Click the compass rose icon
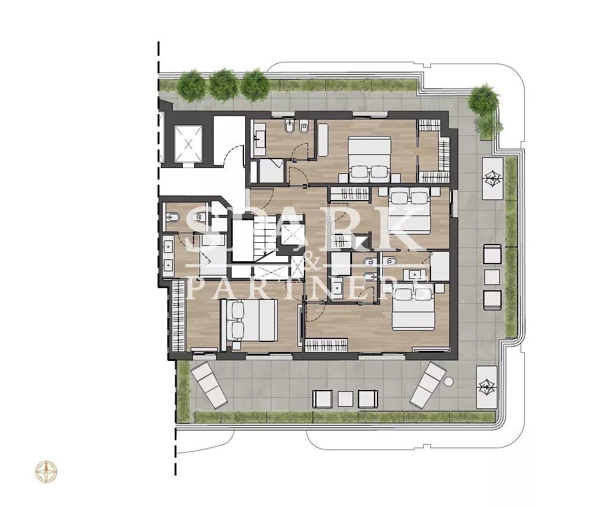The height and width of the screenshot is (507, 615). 46,471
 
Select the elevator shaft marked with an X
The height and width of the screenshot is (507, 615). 188,144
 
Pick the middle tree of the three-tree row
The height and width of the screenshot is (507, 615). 223,85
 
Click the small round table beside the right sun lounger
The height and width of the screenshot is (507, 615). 449,381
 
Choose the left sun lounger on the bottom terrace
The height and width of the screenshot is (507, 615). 209,385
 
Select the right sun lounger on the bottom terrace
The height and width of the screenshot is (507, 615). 427,384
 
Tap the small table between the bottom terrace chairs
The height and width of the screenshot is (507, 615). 345,399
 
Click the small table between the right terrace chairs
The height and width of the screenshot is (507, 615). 492,277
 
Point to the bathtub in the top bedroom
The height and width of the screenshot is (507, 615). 323,140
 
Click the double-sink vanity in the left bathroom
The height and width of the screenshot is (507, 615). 169,256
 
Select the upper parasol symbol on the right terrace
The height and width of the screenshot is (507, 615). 492,178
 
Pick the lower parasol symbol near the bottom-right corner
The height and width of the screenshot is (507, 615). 487,387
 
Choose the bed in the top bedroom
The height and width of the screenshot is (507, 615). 369,159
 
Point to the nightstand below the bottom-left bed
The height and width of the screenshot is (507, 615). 236,346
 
